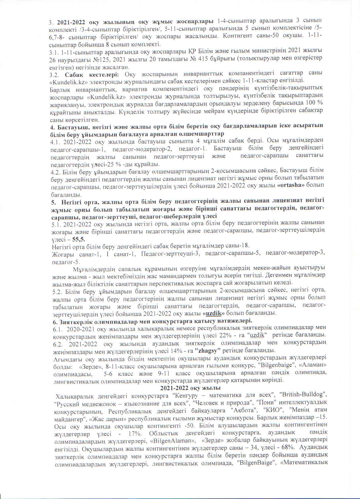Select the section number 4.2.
(x=55, y=171)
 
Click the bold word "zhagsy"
(x=207, y=350)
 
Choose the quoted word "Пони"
(x=265, y=402)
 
